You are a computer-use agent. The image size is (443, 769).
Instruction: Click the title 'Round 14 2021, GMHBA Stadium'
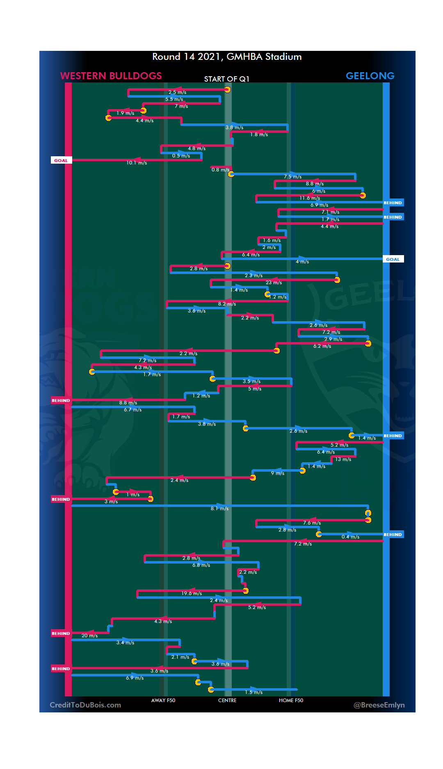pos(227,57)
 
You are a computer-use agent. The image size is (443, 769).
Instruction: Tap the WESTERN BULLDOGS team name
pos(111,76)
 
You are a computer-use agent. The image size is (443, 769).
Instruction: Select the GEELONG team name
pos(370,76)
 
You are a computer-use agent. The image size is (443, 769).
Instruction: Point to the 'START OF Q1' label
pos(226,79)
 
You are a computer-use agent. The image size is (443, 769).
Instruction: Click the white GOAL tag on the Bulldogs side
pos(61,160)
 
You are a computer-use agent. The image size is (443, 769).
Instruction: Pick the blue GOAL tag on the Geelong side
pos(393,259)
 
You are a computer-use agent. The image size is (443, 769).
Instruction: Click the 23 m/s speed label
pos(274,283)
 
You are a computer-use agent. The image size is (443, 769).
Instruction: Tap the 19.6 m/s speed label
pos(192,593)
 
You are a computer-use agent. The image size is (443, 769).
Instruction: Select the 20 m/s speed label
pos(89,636)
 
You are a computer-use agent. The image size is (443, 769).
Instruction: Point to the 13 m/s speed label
pos(343,459)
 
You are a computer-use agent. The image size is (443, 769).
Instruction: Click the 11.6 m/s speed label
pos(310,198)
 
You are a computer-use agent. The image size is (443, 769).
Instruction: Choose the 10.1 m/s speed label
pos(137,163)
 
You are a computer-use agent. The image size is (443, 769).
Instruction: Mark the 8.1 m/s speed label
pos(219,509)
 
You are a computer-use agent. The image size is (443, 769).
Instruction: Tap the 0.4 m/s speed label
pos(350,537)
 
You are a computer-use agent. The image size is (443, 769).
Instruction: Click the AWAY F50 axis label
pos(163,701)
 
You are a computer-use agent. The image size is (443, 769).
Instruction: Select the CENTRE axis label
pos(227,701)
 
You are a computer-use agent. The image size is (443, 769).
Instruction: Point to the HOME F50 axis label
pos(291,701)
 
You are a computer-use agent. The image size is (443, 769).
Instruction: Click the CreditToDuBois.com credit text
pos(85,705)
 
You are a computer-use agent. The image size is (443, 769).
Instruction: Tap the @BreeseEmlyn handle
pos(379,705)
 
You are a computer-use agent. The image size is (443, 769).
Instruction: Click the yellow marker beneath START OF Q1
pos(227,90)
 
